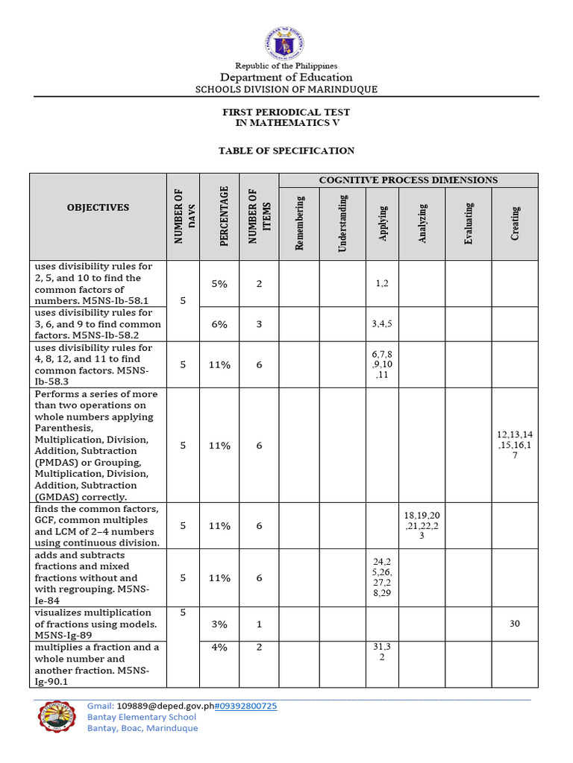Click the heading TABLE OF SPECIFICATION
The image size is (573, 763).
click(x=286, y=151)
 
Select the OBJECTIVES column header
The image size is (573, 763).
click(x=98, y=208)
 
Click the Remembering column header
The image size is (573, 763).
click(x=299, y=223)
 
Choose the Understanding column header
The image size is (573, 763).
click(x=343, y=223)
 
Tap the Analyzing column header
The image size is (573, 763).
click(x=422, y=223)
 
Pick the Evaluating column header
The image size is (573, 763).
click(x=469, y=223)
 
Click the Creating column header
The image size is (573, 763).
click(x=515, y=223)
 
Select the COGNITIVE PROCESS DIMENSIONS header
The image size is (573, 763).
click(x=408, y=180)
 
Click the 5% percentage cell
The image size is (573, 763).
click(x=219, y=284)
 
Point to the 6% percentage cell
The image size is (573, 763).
click(x=219, y=324)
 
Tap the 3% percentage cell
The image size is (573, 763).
click(x=219, y=624)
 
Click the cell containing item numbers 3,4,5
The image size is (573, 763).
click(x=382, y=324)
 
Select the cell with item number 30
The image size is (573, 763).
click(x=515, y=624)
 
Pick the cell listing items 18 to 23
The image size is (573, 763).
click(x=422, y=525)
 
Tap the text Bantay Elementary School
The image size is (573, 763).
click(x=142, y=717)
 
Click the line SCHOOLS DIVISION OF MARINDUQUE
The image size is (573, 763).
click(x=286, y=89)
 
